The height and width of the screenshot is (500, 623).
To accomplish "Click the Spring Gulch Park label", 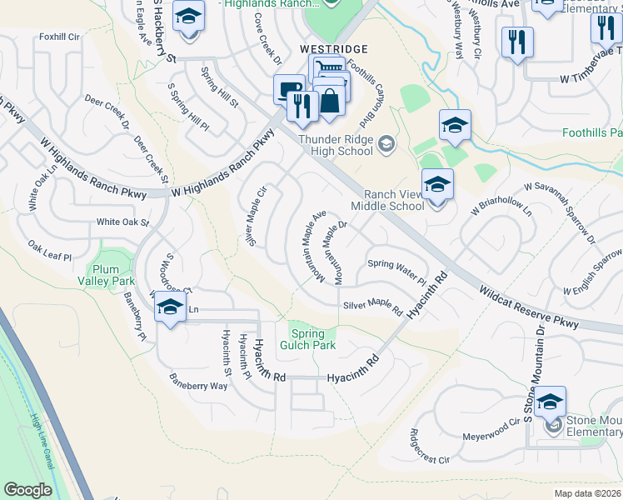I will (312, 339).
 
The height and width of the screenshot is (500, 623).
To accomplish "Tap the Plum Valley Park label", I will (107, 275).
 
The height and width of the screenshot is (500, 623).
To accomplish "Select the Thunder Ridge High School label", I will (335, 145).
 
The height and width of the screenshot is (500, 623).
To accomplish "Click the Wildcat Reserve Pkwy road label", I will (528, 307).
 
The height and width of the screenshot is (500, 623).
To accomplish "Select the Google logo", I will (27, 490).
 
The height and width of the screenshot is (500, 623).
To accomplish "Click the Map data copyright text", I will (587, 492).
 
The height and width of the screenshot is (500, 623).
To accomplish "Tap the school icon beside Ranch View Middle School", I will (436, 184).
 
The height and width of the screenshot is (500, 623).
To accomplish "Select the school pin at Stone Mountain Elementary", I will (550, 402).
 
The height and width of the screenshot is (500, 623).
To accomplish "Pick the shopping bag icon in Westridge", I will (330, 101).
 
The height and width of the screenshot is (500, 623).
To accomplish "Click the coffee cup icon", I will (289, 89).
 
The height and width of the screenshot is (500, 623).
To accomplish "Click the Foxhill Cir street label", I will (58, 37).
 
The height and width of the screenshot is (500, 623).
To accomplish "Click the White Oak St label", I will (122, 222).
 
